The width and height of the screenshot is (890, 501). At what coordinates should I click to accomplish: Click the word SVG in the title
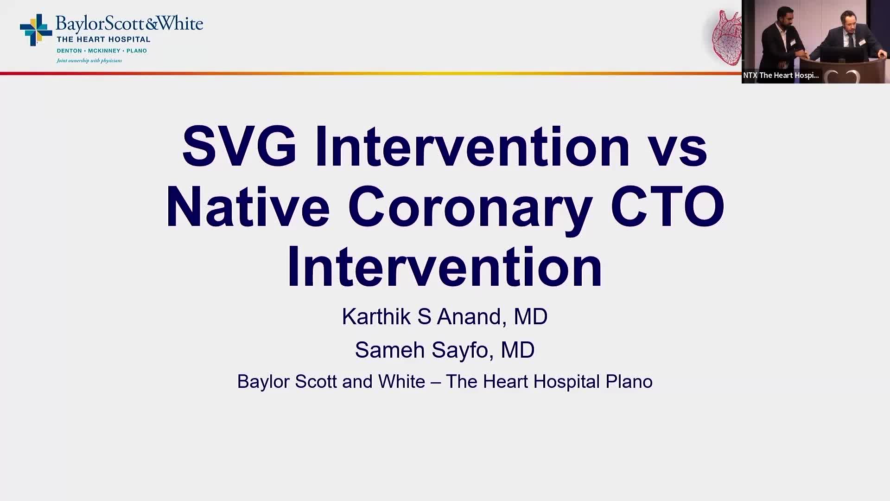(x=239, y=146)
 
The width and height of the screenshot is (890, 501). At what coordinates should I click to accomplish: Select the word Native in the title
(x=248, y=206)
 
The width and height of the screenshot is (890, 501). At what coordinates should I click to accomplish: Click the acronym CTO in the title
(x=667, y=206)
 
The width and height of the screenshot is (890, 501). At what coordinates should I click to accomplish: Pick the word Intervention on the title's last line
(x=445, y=267)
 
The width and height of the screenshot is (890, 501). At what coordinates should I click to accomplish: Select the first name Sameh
(x=390, y=350)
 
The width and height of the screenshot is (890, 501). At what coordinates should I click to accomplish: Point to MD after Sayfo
(x=518, y=350)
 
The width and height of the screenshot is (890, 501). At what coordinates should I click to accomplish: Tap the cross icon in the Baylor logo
(x=36, y=30)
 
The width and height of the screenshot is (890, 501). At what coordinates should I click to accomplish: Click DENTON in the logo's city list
(x=69, y=51)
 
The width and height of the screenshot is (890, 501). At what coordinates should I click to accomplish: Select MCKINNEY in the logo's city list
(x=104, y=51)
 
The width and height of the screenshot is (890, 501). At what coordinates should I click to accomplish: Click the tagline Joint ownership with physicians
(x=89, y=61)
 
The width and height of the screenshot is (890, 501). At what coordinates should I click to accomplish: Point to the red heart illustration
(x=726, y=37)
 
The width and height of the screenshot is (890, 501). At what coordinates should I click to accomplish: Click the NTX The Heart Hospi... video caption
(x=781, y=75)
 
